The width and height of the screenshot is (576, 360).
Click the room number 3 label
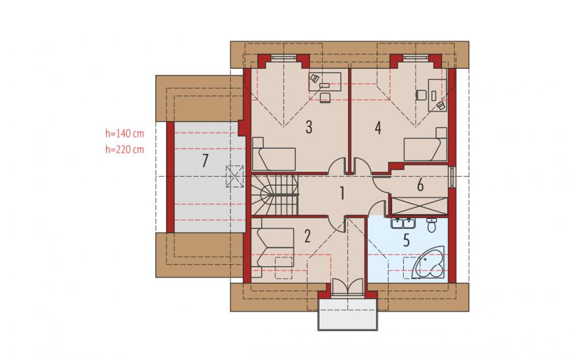(x=309, y=127)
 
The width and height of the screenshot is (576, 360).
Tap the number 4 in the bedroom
(x=378, y=128)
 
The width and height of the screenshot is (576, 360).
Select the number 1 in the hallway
(x=343, y=193)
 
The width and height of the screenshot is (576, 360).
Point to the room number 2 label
(x=308, y=236)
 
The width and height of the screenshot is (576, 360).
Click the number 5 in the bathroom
(x=406, y=240)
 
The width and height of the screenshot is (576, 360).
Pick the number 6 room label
(x=420, y=185)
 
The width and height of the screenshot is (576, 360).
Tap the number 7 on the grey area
(x=205, y=160)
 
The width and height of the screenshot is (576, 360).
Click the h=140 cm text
(x=125, y=134)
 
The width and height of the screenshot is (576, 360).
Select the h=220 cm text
(x=125, y=149)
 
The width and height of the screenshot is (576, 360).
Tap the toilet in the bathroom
(x=431, y=224)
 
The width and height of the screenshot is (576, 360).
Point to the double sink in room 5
(x=403, y=223)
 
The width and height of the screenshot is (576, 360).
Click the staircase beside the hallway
(x=275, y=195)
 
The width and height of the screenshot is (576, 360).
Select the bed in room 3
(x=274, y=154)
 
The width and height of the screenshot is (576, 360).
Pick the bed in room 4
(x=425, y=145)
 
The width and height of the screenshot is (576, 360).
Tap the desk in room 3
(x=325, y=82)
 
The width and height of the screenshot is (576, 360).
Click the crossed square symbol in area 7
(x=235, y=177)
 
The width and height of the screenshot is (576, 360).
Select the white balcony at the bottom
(x=347, y=314)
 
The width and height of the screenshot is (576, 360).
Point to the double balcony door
(x=347, y=286)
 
